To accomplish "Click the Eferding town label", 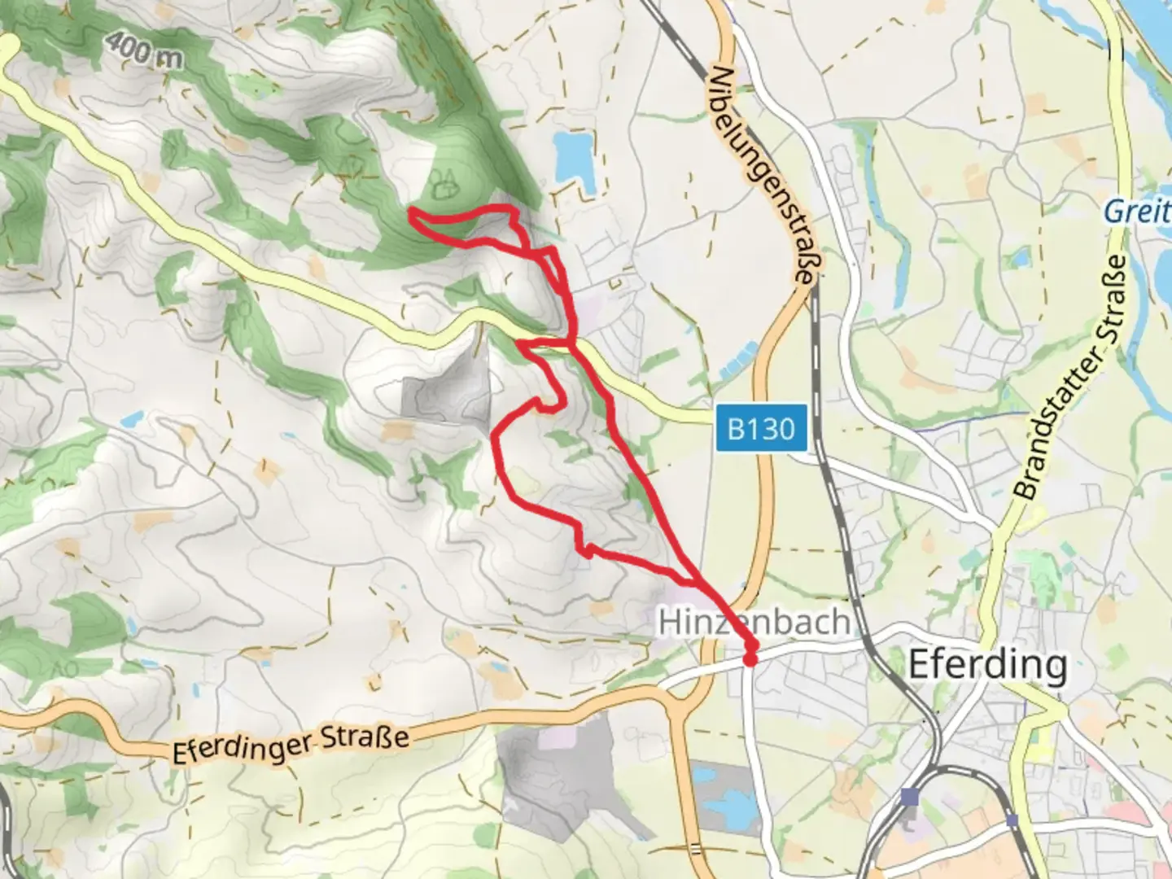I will [987, 664].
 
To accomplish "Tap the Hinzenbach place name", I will [754, 622].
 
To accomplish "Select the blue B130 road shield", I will [761, 428].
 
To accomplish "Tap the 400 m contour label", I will [142, 50].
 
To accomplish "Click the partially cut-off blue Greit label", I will [1137, 212].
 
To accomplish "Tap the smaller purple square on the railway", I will [1012, 820].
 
